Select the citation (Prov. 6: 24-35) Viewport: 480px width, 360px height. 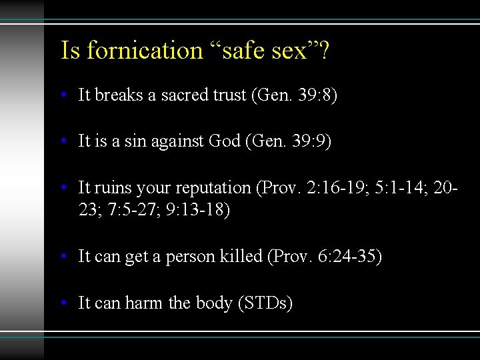click(x=324, y=256)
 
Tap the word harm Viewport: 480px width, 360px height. click(x=146, y=303)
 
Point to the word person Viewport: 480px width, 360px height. click(x=190, y=256)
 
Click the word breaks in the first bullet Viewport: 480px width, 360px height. click(x=115, y=95)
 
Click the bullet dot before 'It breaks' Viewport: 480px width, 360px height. click(x=63, y=96)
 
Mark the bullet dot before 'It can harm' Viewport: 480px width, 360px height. click(x=63, y=303)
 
